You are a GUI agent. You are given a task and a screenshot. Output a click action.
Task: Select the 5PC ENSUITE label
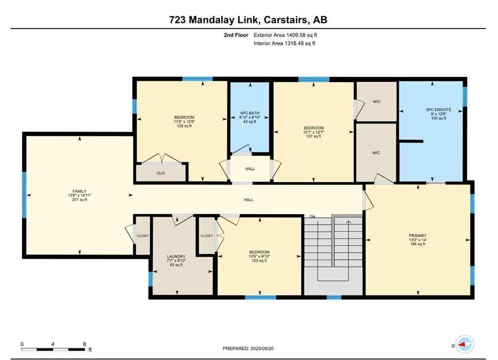435,110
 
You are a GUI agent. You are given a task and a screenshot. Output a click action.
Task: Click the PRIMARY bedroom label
418,235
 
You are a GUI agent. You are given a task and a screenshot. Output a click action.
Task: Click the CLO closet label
160,173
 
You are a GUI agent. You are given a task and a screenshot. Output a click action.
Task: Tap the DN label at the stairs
313,216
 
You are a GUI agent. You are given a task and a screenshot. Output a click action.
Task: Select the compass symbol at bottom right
465,344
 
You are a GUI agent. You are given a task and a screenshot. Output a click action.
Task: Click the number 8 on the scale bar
84,344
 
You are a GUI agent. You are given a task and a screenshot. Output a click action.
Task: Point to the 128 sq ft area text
184,126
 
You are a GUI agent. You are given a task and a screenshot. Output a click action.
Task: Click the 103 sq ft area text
259,261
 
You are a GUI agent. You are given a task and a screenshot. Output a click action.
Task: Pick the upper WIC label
376,102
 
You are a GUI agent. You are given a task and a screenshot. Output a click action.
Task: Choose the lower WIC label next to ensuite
376,153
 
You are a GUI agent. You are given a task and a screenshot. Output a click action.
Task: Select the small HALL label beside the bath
249,168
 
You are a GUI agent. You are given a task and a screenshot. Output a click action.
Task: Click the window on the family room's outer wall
24,195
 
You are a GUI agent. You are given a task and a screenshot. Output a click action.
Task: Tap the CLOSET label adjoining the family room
142,236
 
